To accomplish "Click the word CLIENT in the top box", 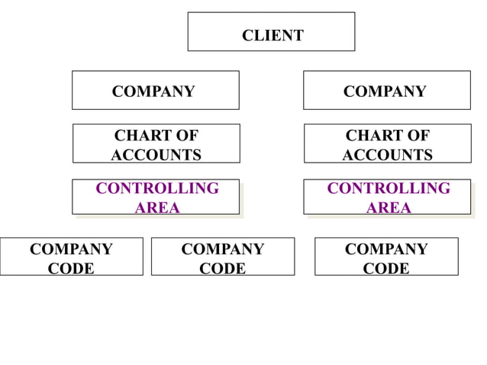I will click(273, 35).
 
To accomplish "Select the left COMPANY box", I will click(155, 91).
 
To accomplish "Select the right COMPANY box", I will click(386, 91).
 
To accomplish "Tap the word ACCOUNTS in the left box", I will click(156, 155).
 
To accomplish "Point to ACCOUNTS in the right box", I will click(387, 155).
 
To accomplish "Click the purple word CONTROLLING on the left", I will click(156, 189).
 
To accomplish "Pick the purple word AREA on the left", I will click(156, 208).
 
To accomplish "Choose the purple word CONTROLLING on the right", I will click(388, 189).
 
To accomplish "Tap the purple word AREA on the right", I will click(388, 208).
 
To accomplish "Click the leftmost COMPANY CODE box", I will click(71, 257).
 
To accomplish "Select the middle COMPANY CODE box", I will click(222, 257).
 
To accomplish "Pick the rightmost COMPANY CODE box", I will click(386, 257).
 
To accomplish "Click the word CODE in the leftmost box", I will click(71, 269).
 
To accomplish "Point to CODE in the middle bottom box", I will click(222, 269).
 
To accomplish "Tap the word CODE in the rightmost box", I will click(386, 269).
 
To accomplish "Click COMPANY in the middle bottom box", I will click(222, 250).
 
